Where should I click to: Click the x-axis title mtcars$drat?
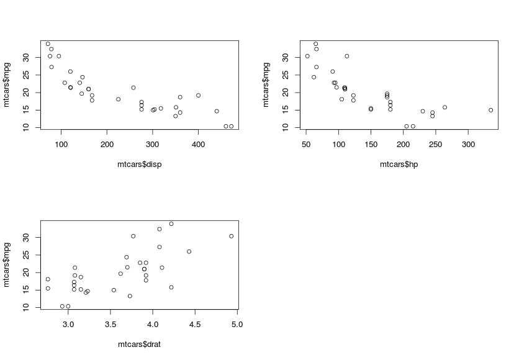tap(140, 344)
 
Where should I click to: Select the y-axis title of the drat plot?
tap(7, 264)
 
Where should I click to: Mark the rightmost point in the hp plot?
tap(490, 110)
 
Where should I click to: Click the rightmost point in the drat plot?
tap(231, 236)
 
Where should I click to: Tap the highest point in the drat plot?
tap(171, 223)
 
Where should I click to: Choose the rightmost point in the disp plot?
tap(231, 126)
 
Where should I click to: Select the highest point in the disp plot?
tap(48, 44)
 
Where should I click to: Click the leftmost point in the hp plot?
tap(307, 56)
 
